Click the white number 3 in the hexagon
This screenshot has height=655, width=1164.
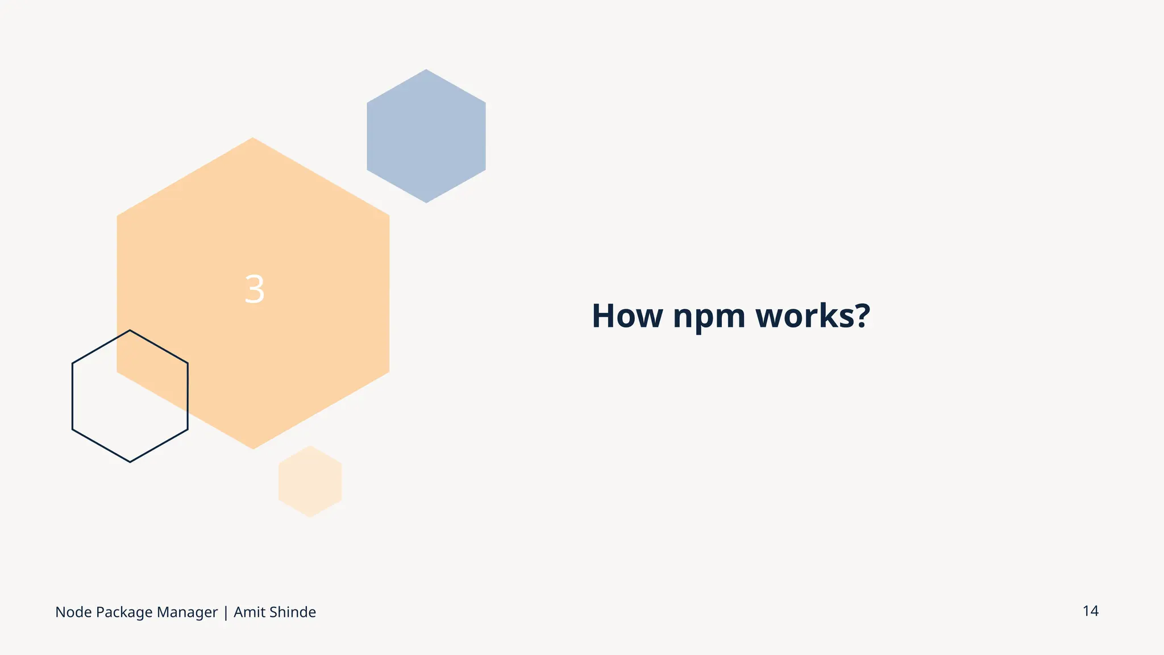coord(254,289)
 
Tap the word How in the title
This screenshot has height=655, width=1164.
coord(627,316)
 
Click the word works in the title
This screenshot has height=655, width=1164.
coord(803,316)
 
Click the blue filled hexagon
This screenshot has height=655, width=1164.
coord(426,136)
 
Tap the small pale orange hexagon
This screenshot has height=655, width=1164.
coord(310,482)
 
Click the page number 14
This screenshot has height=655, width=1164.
coord(1090,611)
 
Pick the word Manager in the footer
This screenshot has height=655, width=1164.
coord(187,613)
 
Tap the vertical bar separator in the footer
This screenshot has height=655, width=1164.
coord(226,613)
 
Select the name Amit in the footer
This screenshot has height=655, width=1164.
coord(249,612)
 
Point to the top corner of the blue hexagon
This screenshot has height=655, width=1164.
coord(426,70)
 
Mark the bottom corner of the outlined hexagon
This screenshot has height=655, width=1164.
coord(130,462)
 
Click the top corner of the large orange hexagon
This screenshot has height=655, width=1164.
coord(253,138)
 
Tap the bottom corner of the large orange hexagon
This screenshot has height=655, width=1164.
coord(253,449)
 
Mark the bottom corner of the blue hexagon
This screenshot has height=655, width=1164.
coord(426,202)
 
